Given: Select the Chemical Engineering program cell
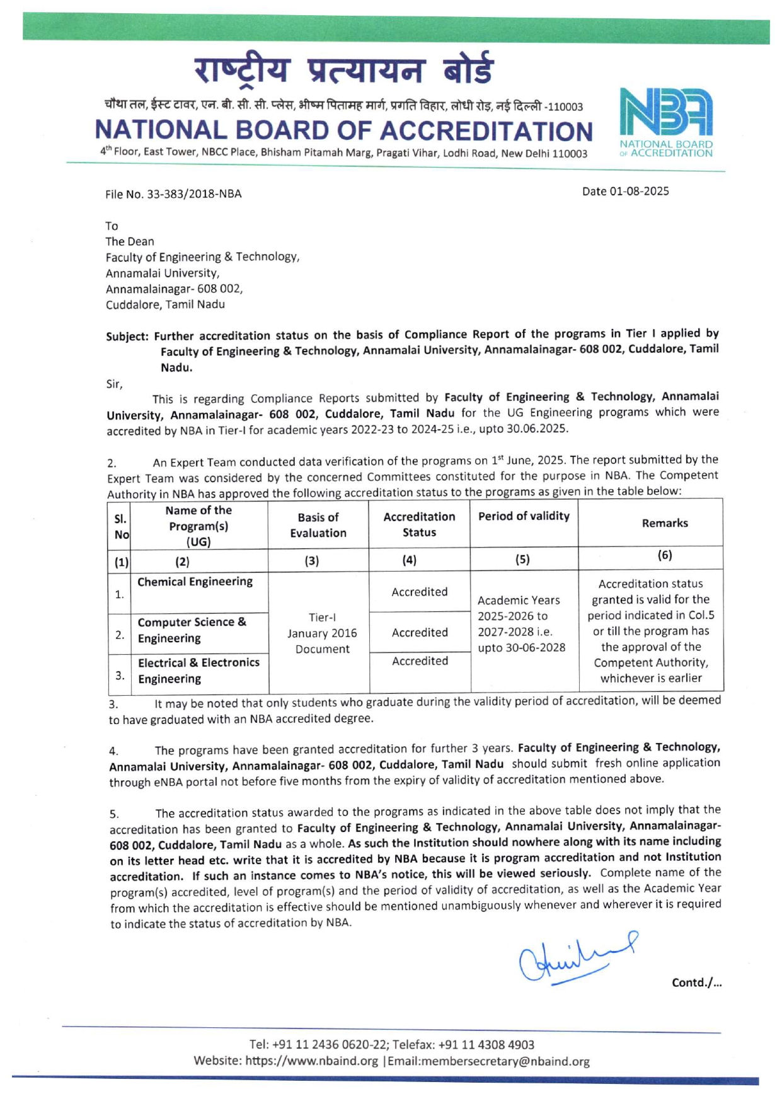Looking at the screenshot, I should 195,582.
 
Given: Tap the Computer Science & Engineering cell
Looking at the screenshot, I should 192,630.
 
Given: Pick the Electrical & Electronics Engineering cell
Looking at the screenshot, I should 198,671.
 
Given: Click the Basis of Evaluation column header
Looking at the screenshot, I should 318,525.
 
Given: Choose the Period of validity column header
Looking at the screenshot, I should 524,516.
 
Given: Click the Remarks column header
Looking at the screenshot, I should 665,523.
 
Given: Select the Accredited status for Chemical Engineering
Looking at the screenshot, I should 420,592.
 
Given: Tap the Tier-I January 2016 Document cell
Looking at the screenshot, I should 322,633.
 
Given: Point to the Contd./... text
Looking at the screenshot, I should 696,982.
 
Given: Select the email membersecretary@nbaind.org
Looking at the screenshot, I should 488,1061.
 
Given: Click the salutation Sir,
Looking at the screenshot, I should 114,384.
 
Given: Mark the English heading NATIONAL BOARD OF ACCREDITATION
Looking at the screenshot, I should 343,130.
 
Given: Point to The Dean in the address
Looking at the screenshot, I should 130,241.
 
